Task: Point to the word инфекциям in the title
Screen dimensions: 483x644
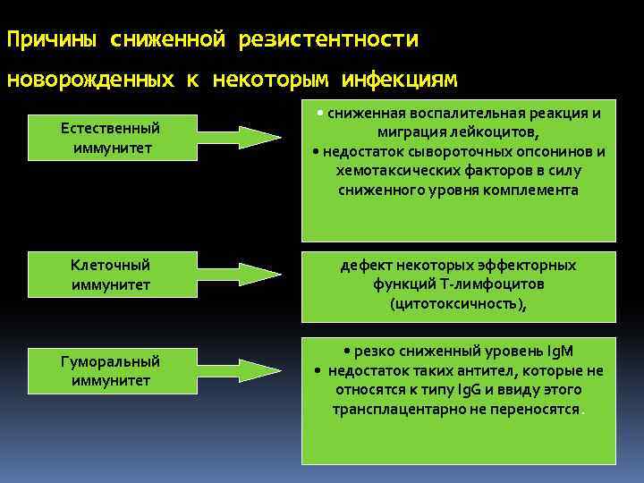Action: [x=399, y=80]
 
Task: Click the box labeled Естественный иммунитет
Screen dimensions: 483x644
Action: [x=110, y=138]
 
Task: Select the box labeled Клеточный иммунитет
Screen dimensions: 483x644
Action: [x=110, y=275]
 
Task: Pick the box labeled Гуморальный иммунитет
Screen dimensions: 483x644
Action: [x=110, y=371]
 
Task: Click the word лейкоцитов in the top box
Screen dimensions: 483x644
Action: [x=496, y=132]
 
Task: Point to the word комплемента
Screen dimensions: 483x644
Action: [x=531, y=190]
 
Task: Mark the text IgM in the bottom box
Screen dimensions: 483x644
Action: [x=566, y=352]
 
